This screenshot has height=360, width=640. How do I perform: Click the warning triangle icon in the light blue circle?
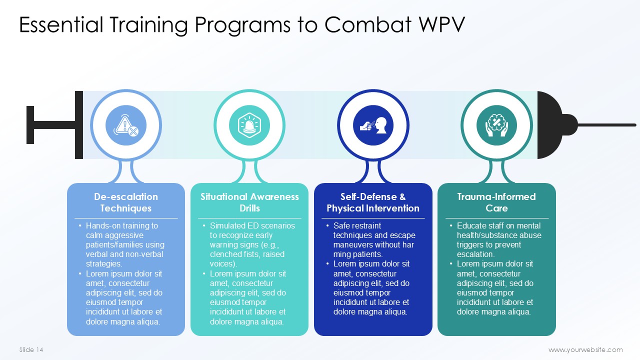pyautogui.click(x=126, y=125)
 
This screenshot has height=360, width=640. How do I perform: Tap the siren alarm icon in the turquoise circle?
pyautogui.click(x=249, y=125)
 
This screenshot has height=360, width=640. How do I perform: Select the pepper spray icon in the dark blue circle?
pyautogui.click(x=373, y=125)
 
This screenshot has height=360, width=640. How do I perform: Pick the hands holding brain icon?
pyautogui.click(x=496, y=125)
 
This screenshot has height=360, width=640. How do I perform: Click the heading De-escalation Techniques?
pyautogui.click(x=126, y=202)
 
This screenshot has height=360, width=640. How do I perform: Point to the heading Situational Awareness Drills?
pyautogui.click(x=249, y=202)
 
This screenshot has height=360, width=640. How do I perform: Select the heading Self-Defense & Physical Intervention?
pyautogui.click(x=373, y=202)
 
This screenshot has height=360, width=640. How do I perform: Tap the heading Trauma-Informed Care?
pyautogui.click(x=496, y=202)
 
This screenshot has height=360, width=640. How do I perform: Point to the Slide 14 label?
pyautogui.click(x=31, y=350)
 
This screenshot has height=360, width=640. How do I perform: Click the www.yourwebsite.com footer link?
pyautogui.click(x=585, y=350)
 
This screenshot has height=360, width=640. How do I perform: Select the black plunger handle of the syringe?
pyautogui.click(x=31, y=125)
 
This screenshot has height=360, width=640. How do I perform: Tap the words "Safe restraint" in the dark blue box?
pyautogui.click(x=357, y=226)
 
